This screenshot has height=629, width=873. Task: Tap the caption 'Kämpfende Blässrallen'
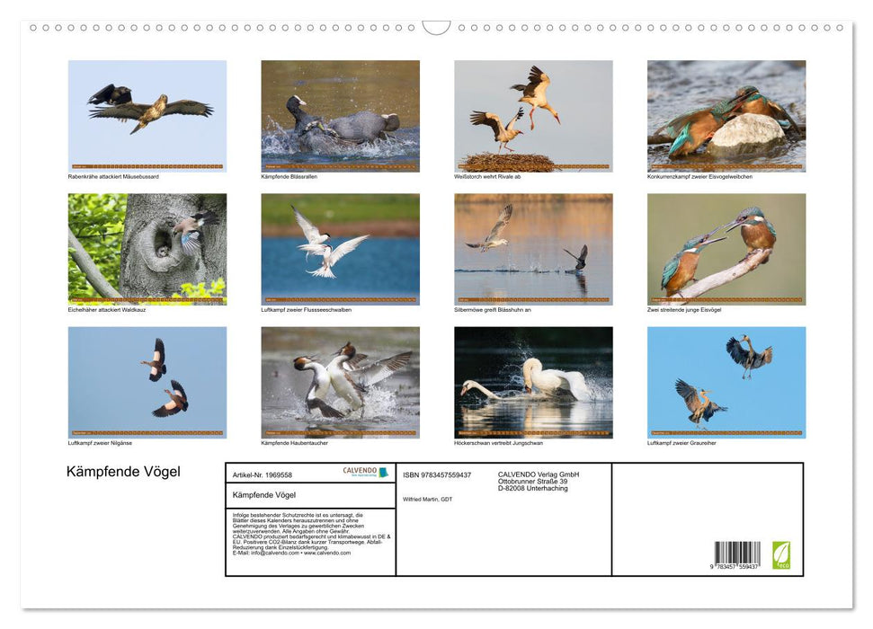(289, 176)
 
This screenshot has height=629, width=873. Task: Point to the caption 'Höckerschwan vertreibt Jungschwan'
(499, 443)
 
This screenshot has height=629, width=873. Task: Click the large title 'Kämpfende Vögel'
(123, 472)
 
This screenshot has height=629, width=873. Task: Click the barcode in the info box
(737, 554)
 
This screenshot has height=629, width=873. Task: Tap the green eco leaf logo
(781, 554)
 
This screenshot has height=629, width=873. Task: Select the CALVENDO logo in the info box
(365, 472)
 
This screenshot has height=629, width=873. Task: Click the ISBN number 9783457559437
(437, 474)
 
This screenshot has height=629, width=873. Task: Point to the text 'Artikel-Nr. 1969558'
(263, 474)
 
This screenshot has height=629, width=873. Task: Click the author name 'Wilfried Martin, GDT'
(428, 499)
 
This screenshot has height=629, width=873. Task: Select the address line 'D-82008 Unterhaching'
(532, 488)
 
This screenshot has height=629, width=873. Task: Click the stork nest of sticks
(508, 162)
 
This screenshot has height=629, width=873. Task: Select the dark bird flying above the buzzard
(110, 94)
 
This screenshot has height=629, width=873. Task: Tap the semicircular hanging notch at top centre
(436, 28)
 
